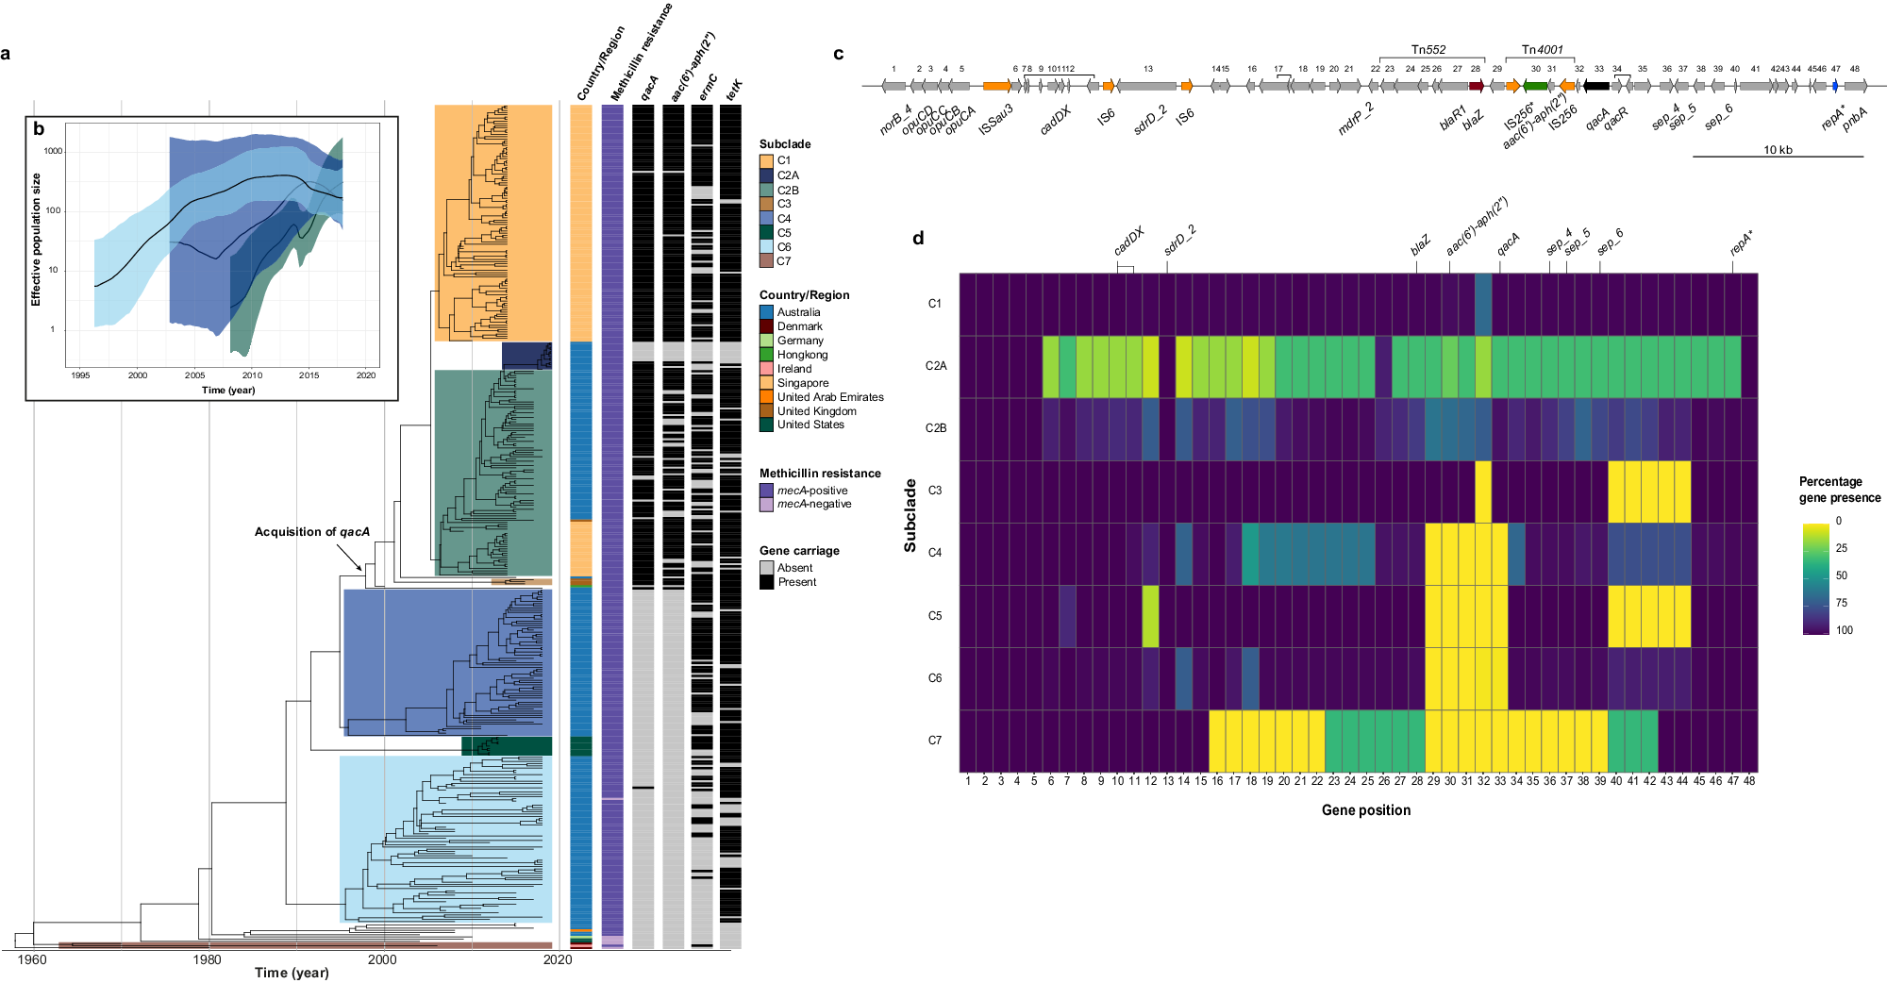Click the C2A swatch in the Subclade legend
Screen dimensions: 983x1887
click(x=766, y=175)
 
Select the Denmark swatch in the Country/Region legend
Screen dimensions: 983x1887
click(x=766, y=326)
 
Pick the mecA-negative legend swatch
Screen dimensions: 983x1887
click(x=766, y=505)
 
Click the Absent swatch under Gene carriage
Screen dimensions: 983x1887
click(x=766, y=568)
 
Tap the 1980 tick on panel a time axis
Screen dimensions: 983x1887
click(x=208, y=959)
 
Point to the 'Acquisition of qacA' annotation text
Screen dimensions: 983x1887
click(x=311, y=532)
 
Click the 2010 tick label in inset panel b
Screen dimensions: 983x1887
click(x=252, y=375)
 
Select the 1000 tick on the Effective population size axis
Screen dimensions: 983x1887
click(x=53, y=151)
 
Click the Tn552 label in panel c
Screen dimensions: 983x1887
click(x=1428, y=50)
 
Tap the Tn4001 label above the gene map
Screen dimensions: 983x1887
click(x=1542, y=50)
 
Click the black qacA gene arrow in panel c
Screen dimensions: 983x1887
click(x=1596, y=86)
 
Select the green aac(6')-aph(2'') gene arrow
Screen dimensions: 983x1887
click(x=1536, y=86)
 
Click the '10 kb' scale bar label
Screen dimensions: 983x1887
click(x=1778, y=150)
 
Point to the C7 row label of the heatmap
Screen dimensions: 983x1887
click(x=934, y=741)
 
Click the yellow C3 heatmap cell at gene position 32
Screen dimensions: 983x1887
click(x=1482, y=491)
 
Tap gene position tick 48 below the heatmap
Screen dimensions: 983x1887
click(x=1749, y=781)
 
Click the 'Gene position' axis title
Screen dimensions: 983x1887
click(x=1365, y=810)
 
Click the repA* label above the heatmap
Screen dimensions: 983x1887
click(x=1741, y=244)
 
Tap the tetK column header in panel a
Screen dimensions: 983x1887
click(x=733, y=91)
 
